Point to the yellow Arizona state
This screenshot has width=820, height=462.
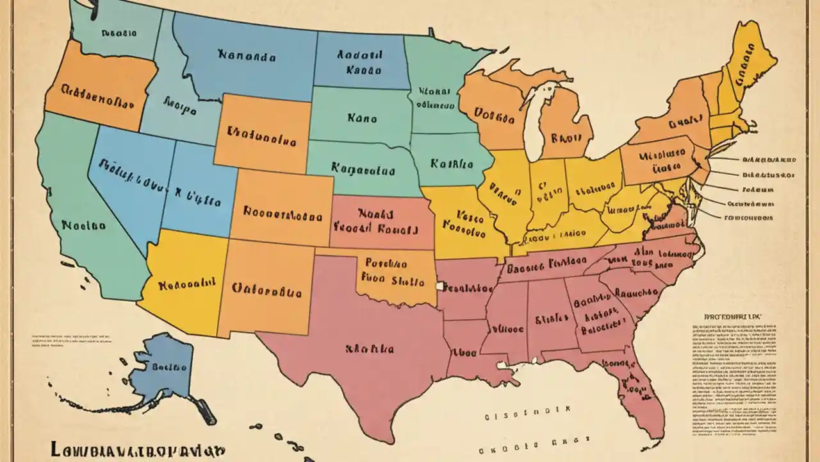183,282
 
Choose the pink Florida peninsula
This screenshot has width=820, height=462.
631,385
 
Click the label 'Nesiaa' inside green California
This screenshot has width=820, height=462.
84,225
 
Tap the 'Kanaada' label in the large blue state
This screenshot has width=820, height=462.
247,56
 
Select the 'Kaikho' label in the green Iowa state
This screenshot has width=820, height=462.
452,164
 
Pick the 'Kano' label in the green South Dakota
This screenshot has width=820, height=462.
362,118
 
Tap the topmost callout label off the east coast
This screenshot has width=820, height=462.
769,159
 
